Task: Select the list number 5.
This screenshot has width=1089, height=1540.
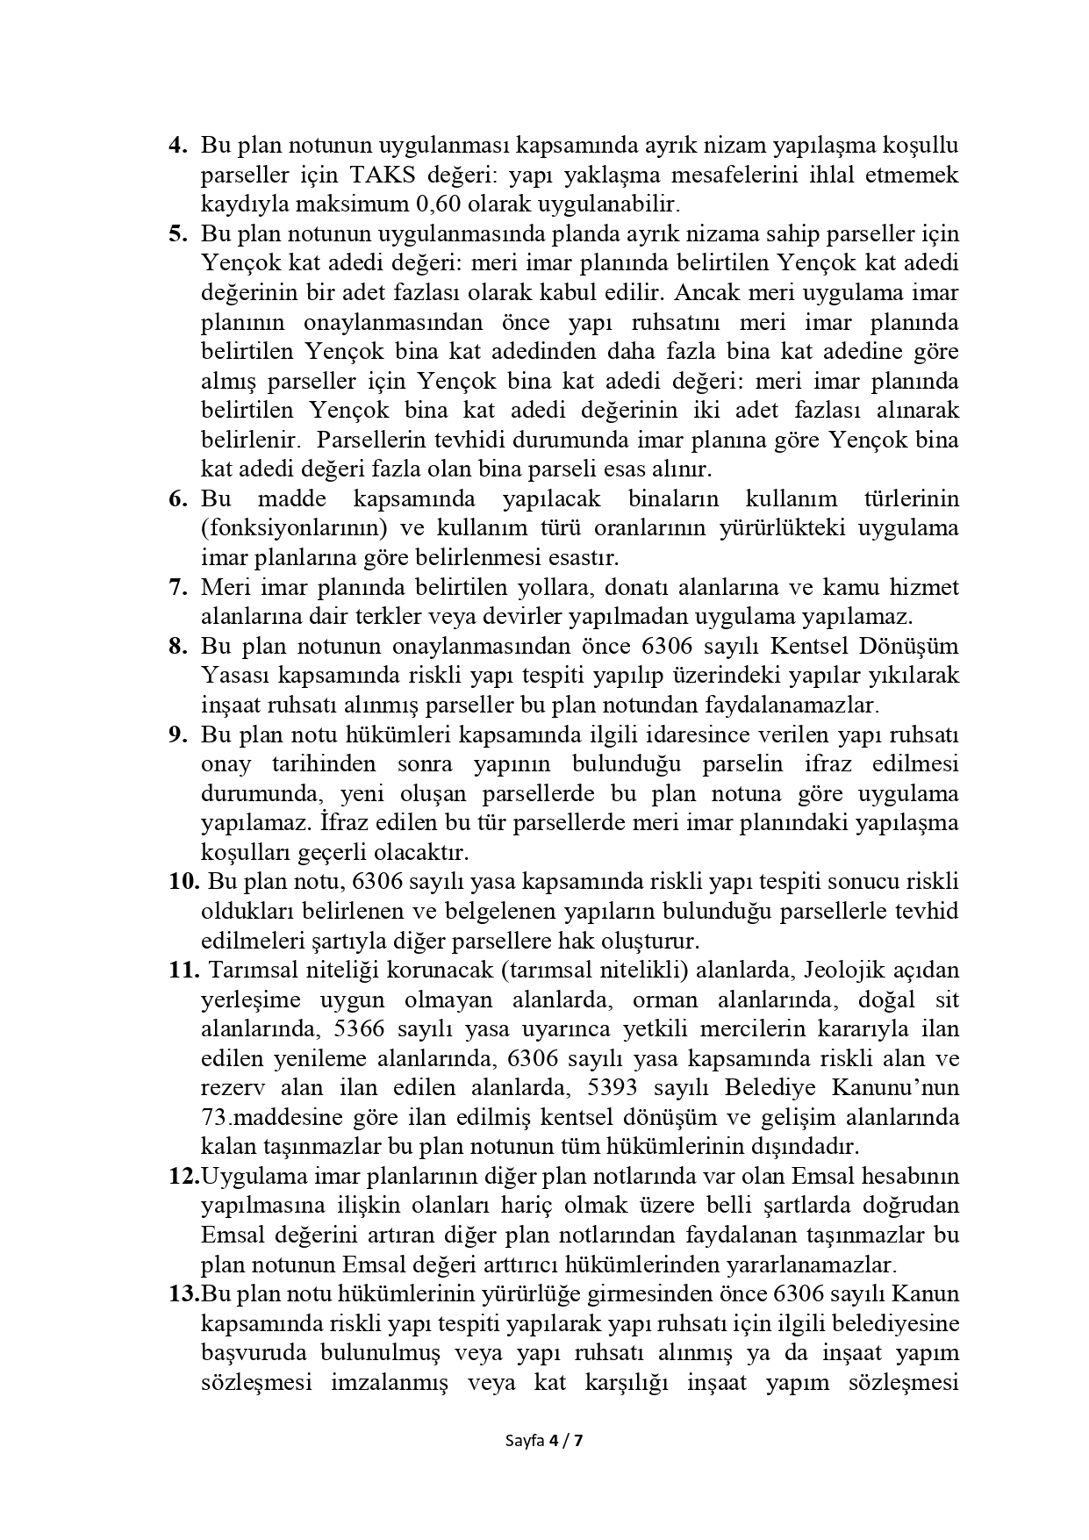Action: pyautogui.click(x=178, y=233)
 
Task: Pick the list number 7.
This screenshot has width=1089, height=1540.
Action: pyautogui.click(x=178, y=587)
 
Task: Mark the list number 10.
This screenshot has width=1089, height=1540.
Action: pyautogui.click(x=183, y=881)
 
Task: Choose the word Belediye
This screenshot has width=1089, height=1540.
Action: pyautogui.click(x=770, y=1087)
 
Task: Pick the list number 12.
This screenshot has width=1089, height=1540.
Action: pyautogui.click(x=183, y=1176)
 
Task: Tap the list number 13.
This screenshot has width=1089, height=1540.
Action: pyautogui.click(x=183, y=1293)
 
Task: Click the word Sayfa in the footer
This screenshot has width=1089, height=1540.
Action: pyautogui.click(x=525, y=1440)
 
